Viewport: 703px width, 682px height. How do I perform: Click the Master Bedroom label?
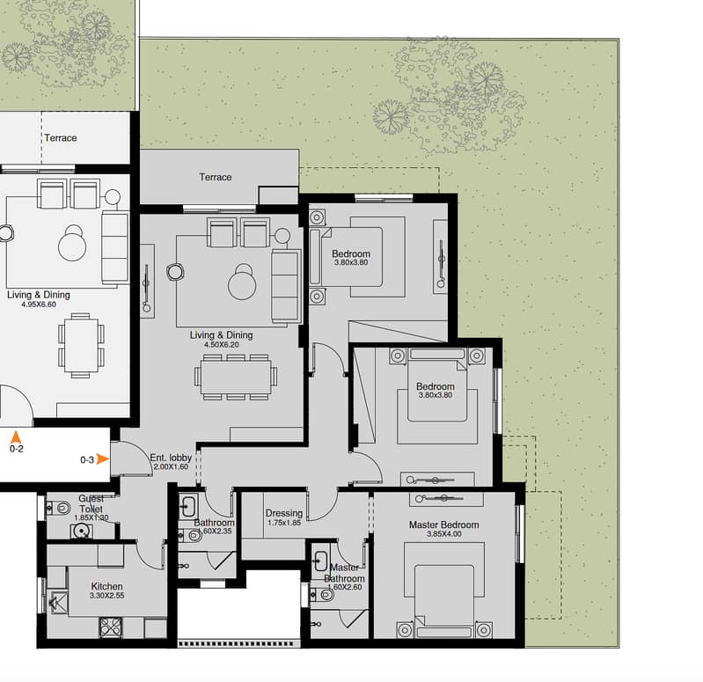443,524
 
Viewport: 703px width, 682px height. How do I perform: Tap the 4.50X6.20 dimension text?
222,345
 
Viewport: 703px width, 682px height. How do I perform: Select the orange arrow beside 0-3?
103,459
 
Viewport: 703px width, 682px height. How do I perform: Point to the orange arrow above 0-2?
16,436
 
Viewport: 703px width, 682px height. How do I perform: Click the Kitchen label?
106,586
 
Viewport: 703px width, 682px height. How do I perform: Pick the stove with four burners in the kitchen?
110,627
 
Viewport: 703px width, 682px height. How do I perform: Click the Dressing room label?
284,513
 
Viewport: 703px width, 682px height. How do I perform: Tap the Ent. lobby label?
171,458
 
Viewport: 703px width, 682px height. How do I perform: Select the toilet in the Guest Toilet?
60,508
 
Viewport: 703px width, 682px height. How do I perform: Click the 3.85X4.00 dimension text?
443,534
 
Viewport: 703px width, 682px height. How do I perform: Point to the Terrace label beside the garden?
216,177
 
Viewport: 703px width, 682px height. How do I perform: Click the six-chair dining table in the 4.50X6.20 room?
236,378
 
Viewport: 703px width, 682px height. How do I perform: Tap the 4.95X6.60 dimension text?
39,304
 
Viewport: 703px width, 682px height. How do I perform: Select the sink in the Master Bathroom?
321,560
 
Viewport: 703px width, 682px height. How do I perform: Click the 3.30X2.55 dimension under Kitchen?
107,596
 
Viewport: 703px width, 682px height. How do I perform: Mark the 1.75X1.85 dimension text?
284,523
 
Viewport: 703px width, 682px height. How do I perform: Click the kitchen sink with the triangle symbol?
58,602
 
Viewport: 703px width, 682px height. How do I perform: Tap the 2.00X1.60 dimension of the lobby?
171,466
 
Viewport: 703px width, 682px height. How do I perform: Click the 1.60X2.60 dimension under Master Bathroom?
344,587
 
